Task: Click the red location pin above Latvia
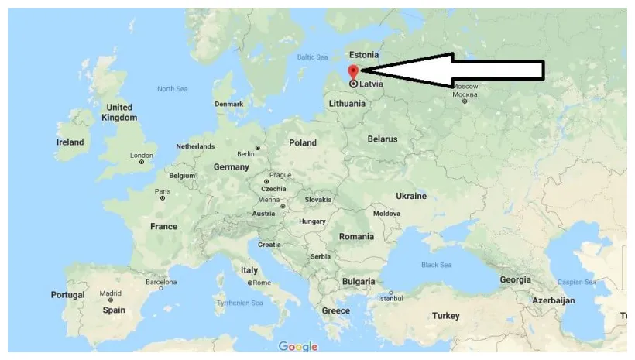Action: (353, 71)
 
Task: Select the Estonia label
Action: (364, 55)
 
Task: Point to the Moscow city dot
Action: (465, 101)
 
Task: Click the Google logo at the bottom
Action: (298, 347)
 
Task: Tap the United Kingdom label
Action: (118, 112)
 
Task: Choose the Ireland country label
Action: (70, 142)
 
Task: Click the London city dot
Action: (141, 163)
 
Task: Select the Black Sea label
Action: (436, 265)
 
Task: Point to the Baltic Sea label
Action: (313, 57)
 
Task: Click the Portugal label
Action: (67, 295)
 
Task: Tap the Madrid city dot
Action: (110, 302)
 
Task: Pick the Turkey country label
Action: (445, 316)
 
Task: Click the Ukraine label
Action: (410, 196)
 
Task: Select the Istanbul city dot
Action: (392, 293)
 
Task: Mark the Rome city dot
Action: (250, 283)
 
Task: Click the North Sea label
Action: (172, 89)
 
